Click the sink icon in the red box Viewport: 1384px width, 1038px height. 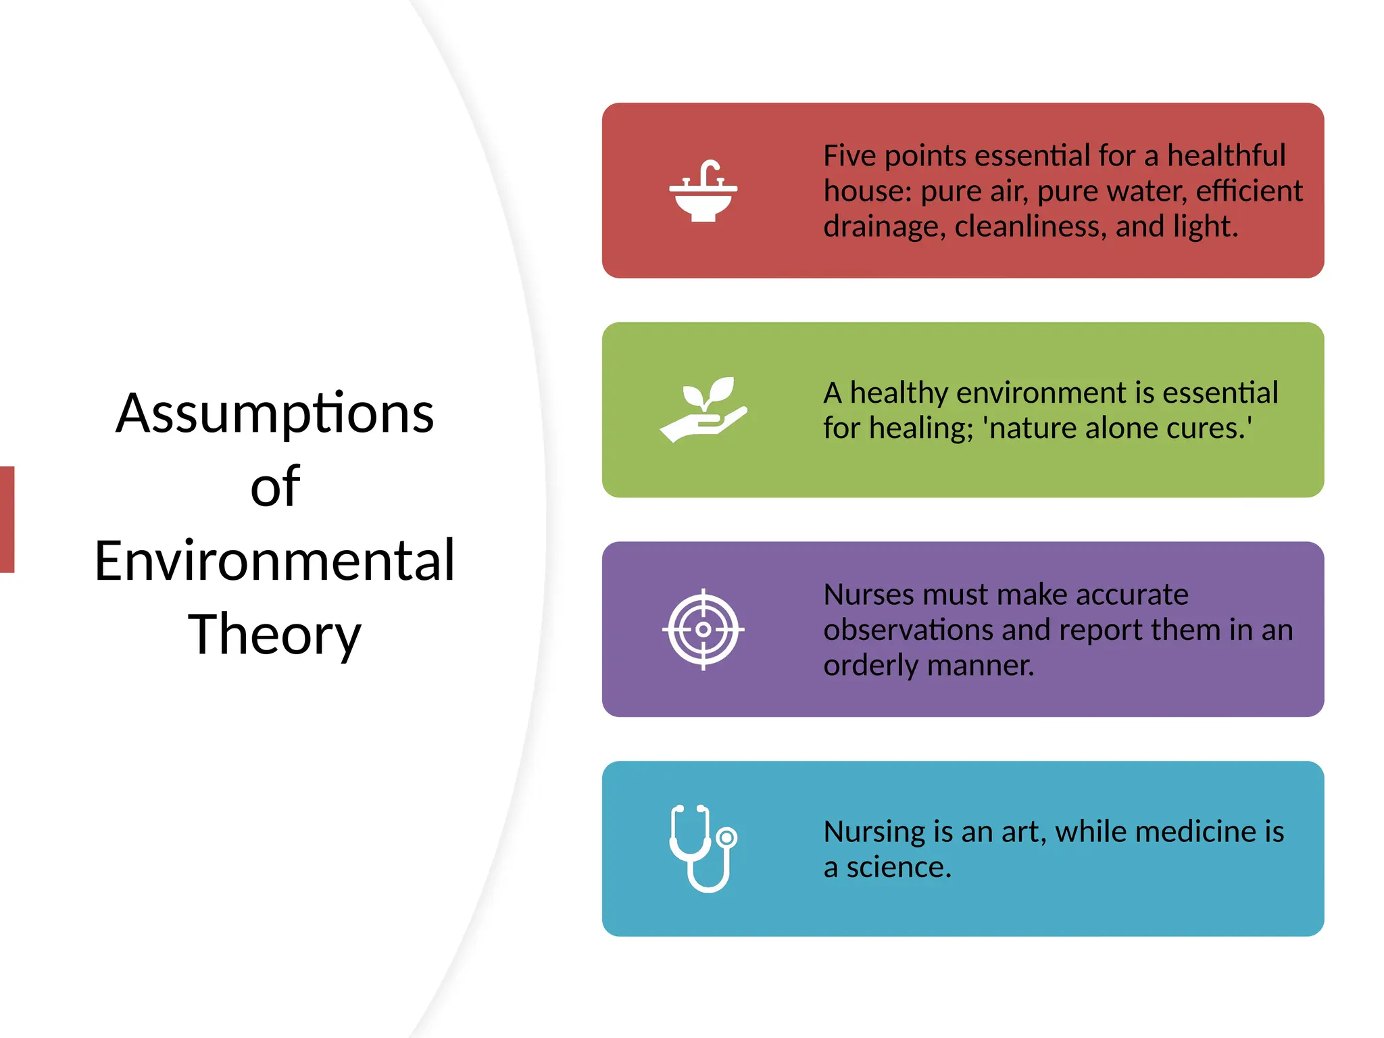click(703, 191)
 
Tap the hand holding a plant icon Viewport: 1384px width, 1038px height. click(703, 410)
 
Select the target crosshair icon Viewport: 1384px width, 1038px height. click(703, 629)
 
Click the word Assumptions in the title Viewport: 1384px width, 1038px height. click(274, 414)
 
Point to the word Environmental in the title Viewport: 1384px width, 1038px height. click(274, 561)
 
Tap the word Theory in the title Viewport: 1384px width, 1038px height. click(274, 635)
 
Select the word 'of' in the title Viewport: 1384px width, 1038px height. click(275, 487)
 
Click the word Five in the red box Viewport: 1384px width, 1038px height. click(849, 156)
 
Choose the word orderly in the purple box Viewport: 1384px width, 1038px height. click(872, 666)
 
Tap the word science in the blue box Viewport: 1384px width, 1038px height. click(898, 867)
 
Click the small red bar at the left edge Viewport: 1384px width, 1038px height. click(7, 519)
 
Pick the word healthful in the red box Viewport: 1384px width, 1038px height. click(1226, 156)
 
